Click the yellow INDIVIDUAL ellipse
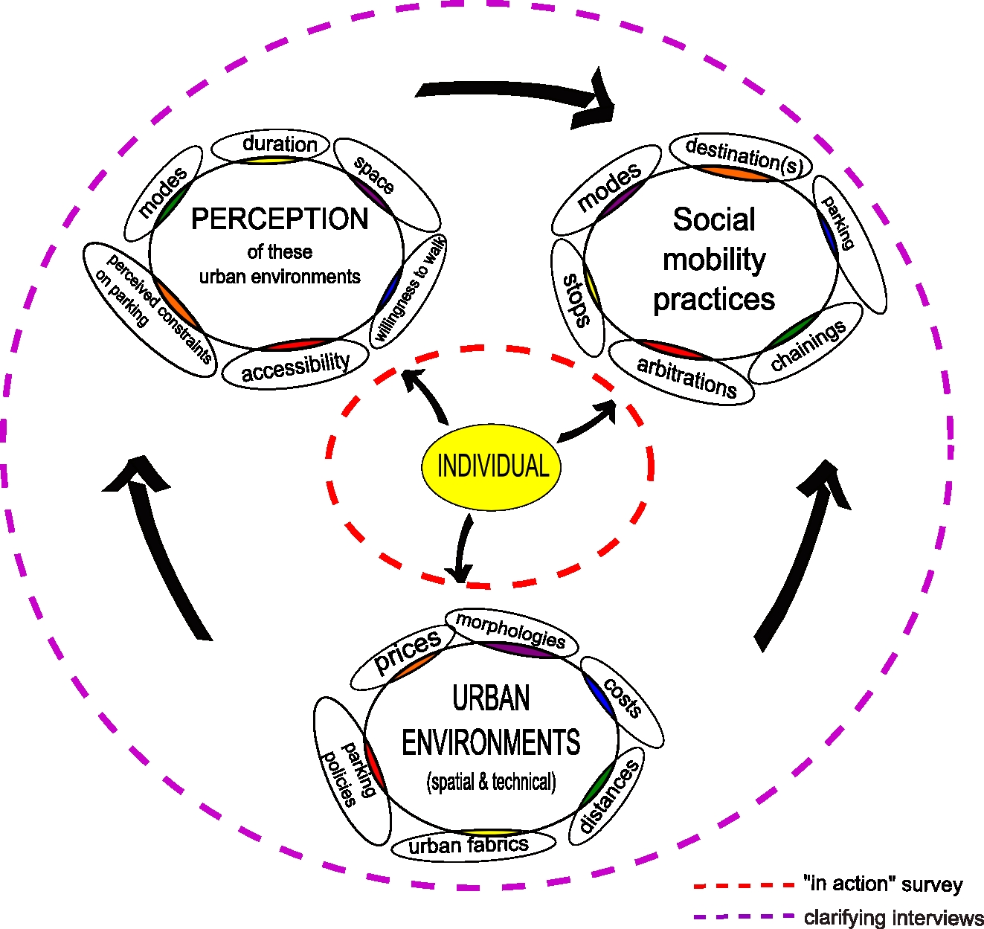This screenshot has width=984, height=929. (x=491, y=466)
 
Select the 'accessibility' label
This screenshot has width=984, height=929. (x=295, y=366)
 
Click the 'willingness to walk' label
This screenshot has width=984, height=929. (x=410, y=289)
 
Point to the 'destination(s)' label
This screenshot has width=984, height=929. (x=742, y=156)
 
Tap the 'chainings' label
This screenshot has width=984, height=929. (x=808, y=345)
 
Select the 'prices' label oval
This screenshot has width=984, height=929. (x=406, y=652)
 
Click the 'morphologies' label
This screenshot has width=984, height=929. (x=511, y=631)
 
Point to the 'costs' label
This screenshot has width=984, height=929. (x=623, y=699)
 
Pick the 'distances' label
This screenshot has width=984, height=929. (x=608, y=797)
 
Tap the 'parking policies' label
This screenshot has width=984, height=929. (x=350, y=774)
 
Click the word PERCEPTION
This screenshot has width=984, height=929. (x=280, y=219)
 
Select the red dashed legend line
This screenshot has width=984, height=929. (x=744, y=885)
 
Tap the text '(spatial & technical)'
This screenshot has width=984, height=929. (x=491, y=782)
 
